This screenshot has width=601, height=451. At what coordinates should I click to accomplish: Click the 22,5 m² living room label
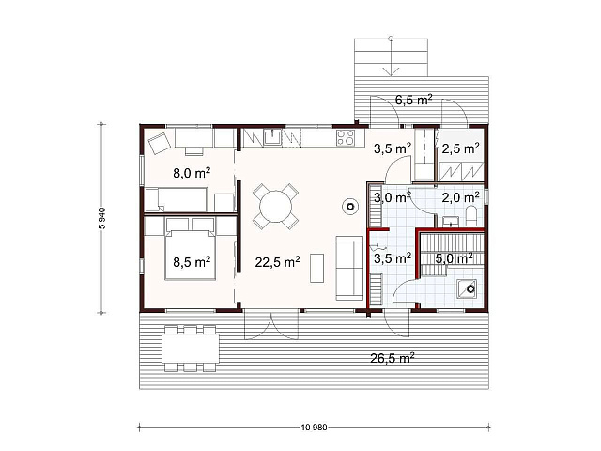pos(278,262)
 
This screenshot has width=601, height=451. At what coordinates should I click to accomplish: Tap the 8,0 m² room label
pos(192,173)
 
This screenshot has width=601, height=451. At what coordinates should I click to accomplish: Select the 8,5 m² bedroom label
pos(192,262)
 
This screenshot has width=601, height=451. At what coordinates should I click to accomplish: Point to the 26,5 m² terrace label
pos(393,358)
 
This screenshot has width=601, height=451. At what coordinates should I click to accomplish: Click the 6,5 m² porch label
pos(414,100)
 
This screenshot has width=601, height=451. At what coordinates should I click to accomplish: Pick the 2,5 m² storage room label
pos(460,148)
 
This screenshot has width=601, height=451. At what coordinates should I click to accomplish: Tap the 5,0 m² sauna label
pos(455,258)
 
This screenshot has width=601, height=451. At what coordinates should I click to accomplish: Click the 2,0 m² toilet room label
pos(460,197)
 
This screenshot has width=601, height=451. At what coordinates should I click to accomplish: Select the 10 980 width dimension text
pos(315,427)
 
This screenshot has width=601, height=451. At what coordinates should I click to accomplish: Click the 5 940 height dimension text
pos(102,218)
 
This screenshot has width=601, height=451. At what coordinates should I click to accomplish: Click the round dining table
pos(275,207)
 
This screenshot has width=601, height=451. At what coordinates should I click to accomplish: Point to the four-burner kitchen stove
pos(345,138)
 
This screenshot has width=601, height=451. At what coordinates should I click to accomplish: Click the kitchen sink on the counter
pos(272,138)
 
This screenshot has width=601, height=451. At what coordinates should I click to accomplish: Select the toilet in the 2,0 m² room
pos(471,216)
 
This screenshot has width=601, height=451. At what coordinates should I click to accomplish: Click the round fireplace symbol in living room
pos(350,207)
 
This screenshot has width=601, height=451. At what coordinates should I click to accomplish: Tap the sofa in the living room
pos(349,268)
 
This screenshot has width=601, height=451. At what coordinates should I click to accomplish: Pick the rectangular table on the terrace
pos(191,349)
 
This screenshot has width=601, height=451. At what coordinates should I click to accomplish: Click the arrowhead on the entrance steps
pos(391,71)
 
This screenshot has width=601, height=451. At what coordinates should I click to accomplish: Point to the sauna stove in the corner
pos(467,288)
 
